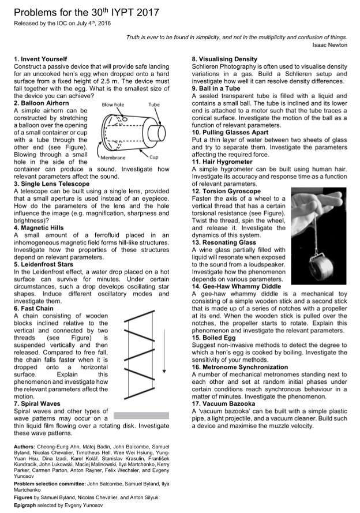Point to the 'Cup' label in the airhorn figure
point(154,156)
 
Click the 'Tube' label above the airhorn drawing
point(153,105)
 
